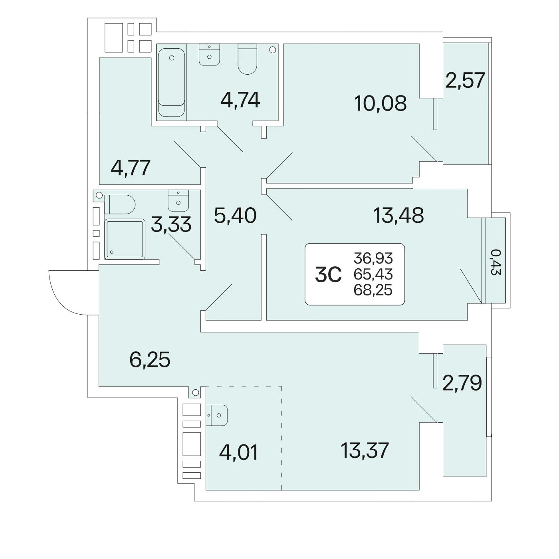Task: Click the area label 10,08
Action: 380,103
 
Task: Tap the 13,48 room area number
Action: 398,216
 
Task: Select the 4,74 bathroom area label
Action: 240,100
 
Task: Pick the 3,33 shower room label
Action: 171,224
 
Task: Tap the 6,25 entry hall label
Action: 150,360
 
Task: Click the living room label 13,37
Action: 365,450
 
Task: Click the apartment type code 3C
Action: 328,275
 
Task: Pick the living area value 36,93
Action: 373,258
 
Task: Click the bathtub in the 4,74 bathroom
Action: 171,82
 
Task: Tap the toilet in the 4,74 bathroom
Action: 248,59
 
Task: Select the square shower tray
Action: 125,239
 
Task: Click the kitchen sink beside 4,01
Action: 216,415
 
